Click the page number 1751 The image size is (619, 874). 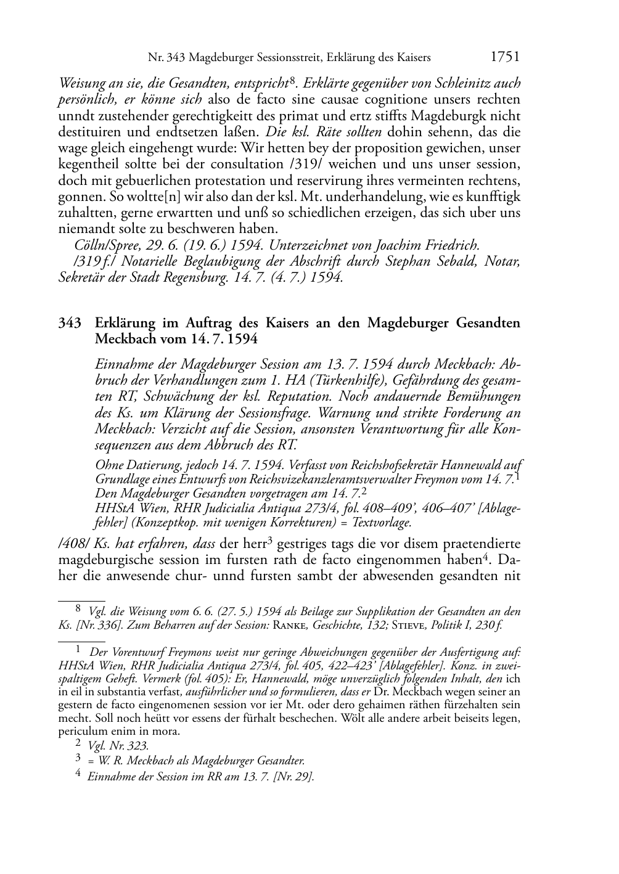pos(505,57)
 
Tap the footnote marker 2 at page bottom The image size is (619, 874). pos(78,745)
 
